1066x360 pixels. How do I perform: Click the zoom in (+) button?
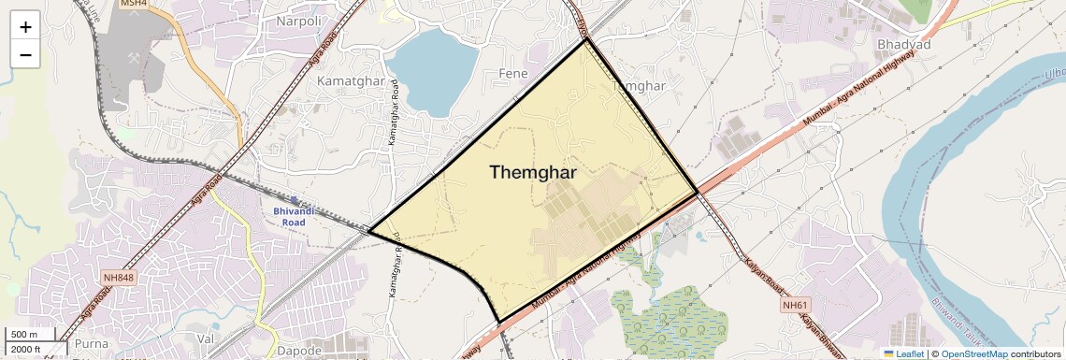[x=25, y=27]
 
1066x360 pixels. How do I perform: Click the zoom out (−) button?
[x=25, y=55]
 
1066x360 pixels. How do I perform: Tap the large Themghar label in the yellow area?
[x=533, y=173]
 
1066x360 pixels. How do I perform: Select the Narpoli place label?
[x=299, y=21]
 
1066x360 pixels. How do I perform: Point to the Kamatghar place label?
[x=351, y=81]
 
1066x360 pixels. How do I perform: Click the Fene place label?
[x=513, y=73]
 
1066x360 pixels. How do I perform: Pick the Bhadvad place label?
[x=903, y=44]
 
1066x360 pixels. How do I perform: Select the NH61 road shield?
[x=794, y=306]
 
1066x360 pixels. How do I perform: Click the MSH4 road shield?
[x=135, y=4]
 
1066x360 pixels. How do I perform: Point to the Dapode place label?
[x=300, y=351]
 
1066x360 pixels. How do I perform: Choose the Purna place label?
[x=91, y=343]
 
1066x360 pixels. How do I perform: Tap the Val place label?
[x=206, y=338]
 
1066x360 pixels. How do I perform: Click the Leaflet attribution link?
[x=903, y=353]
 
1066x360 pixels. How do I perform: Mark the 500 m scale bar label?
[x=23, y=335]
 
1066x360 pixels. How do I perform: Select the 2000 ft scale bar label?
[x=26, y=350]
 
